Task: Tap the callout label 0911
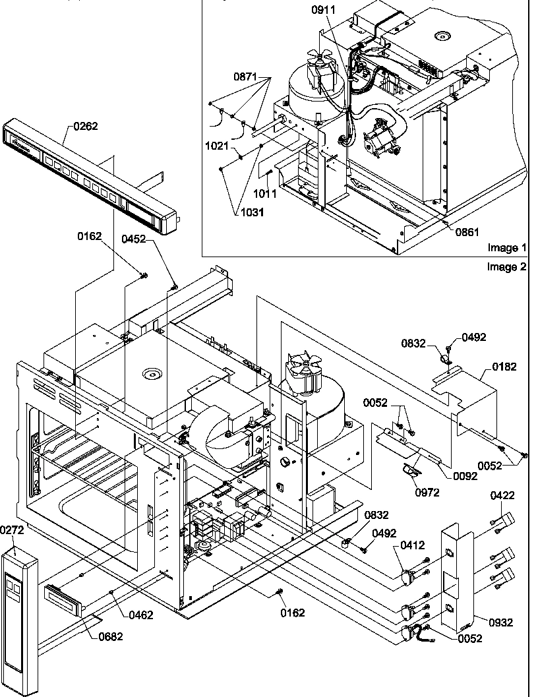[x=323, y=11]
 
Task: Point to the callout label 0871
[x=246, y=77]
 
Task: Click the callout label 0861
[x=466, y=231]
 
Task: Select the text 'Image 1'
[x=507, y=248]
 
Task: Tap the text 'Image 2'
[x=507, y=266]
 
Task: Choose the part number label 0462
[x=141, y=615]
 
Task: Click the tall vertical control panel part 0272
[x=20, y=613]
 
